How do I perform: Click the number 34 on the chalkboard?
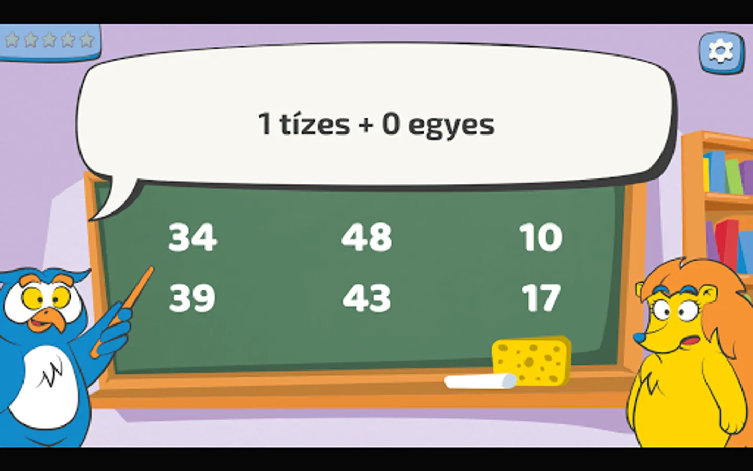[x=192, y=237]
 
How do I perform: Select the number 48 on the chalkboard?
[x=367, y=237]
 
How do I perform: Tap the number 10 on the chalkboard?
[x=541, y=237]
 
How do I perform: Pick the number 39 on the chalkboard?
[x=192, y=298]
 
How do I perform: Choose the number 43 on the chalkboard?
[x=367, y=298]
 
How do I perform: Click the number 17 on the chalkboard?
[x=541, y=298]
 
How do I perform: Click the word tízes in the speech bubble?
[x=315, y=124]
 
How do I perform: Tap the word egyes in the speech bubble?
[x=451, y=126]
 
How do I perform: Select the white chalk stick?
[x=481, y=381]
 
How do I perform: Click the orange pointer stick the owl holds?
[x=123, y=311]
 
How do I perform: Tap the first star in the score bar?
[x=12, y=40]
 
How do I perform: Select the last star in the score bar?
[x=87, y=40]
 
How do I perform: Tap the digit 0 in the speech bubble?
[x=391, y=124]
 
